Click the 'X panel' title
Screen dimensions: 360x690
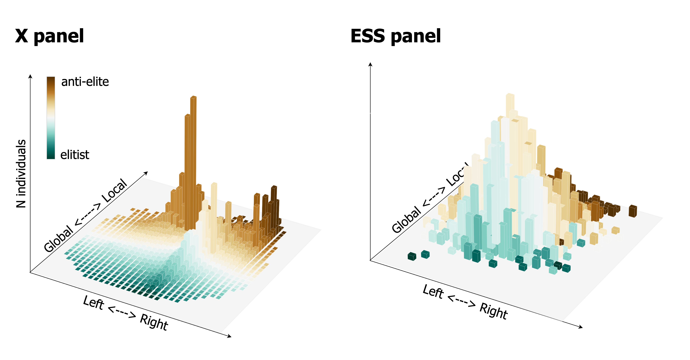tap(50, 36)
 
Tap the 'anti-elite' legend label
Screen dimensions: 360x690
tap(85, 82)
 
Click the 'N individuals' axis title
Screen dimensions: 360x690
tap(21, 174)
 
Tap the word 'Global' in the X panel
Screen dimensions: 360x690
tap(58, 239)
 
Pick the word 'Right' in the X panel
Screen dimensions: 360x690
tap(154, 322)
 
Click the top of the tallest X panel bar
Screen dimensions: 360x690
tap(193, 97)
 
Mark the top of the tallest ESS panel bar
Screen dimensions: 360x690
tap(510, 95)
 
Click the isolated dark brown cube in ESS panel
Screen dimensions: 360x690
tap(633, 211)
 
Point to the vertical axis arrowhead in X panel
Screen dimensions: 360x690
tap(30, 76)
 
